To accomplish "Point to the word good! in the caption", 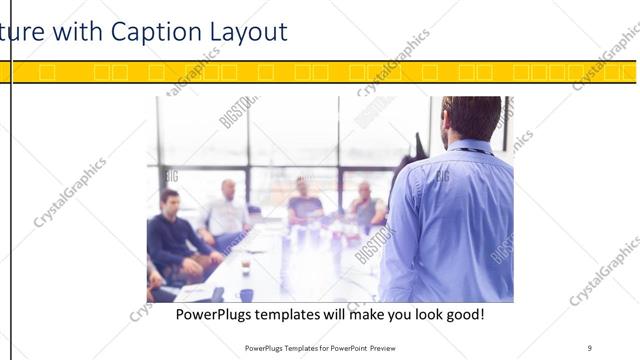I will point(462,315).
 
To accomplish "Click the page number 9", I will point(590,347).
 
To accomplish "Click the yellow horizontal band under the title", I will point(320,72).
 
